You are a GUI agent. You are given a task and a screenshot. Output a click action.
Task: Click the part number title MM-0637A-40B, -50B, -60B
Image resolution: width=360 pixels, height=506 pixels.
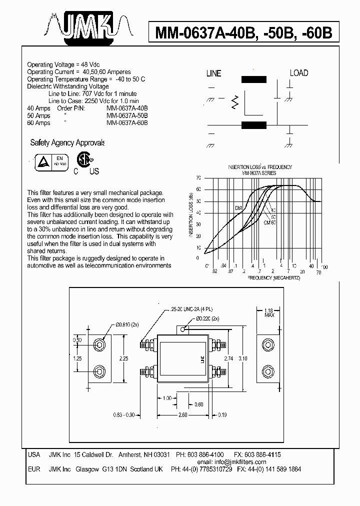[x=243, y=33]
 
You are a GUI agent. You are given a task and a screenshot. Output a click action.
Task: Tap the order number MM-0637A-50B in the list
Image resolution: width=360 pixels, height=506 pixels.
[x=127, y=115]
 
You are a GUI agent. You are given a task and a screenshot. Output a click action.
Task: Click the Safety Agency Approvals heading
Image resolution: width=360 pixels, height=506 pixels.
[x=67, y=143]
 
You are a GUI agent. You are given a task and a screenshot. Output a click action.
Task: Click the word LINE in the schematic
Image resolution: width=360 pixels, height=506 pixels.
[x=213, y=73]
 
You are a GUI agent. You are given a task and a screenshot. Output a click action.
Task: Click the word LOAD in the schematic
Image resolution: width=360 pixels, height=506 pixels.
[x=299, y=73]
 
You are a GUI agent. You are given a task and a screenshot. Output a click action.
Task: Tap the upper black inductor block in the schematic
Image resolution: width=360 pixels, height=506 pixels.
[x=254, y=79]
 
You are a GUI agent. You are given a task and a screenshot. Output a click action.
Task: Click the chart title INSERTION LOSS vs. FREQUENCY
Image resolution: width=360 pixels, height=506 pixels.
[x=259, y=167]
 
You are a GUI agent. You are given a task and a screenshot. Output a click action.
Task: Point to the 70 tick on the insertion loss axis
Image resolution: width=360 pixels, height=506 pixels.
[x=198, y=178]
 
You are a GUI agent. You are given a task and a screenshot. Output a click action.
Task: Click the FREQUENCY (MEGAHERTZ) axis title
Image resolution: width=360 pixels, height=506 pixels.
[x=273, y=277]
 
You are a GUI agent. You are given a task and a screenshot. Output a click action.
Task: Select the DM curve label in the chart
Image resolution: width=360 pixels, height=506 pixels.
[x=238, y=207]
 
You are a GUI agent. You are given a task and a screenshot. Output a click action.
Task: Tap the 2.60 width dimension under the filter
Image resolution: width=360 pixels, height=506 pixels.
[x=182, y=414]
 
